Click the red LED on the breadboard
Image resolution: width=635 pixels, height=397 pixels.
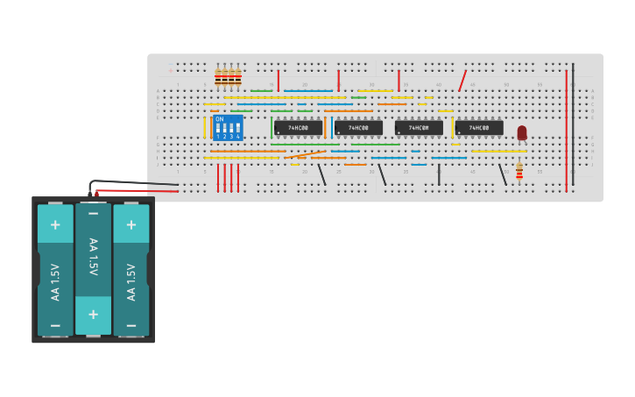(522, 132)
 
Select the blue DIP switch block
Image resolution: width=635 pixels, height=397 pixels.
(228, 128)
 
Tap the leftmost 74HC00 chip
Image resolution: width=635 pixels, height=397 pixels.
(298, 128)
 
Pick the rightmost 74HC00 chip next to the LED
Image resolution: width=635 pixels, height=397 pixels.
(479, 128)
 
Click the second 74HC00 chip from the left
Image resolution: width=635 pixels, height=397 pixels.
(358, 128)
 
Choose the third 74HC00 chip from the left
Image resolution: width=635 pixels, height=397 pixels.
(419, 128)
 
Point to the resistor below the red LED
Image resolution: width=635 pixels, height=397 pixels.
(519, 172)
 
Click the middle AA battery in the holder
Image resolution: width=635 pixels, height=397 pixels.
(93, 267)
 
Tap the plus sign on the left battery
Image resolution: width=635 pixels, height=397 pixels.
(55, 225)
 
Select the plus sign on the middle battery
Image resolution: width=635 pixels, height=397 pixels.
(93, 314)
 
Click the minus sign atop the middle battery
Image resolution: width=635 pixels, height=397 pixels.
(93, 214)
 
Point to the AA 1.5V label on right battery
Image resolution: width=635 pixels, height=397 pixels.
(131, 280)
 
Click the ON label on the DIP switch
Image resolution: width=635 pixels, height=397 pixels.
(219, 119)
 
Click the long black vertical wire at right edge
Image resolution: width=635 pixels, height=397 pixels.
(574, 123)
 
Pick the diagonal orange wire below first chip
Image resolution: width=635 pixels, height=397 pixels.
(305, 155)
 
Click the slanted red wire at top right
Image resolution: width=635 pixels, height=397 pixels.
(462, 81)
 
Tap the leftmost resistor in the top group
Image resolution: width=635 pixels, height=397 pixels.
(218, 77)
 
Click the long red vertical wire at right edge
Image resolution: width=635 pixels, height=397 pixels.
(566, 131)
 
